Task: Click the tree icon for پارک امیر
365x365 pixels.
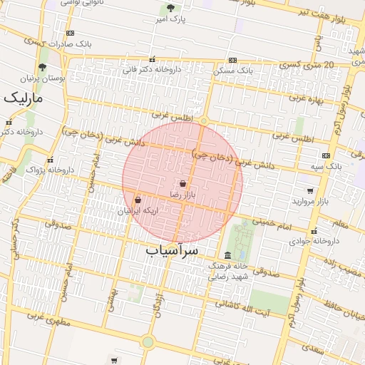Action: pos(170,9)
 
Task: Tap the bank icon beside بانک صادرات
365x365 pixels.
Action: pos(70,34)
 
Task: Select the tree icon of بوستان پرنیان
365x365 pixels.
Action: pos(42,68)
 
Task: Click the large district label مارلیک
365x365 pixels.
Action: pos(23,98)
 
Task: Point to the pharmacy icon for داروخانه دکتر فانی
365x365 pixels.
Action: pos(151,60)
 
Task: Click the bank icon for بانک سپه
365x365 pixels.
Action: pos(326,155)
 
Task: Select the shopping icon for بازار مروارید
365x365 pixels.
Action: pos(310,191)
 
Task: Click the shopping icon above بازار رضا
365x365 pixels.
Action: pos(183,184)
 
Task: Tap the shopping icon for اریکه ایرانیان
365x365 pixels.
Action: pos(137,200)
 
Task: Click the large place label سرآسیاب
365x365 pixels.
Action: pos(171,251)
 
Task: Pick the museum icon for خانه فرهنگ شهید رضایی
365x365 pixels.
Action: pos(227,255)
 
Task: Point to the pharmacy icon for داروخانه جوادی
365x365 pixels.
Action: pos(314,230)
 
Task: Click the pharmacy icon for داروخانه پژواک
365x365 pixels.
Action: pos(50,160)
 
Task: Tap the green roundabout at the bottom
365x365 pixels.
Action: pos(148,342)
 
